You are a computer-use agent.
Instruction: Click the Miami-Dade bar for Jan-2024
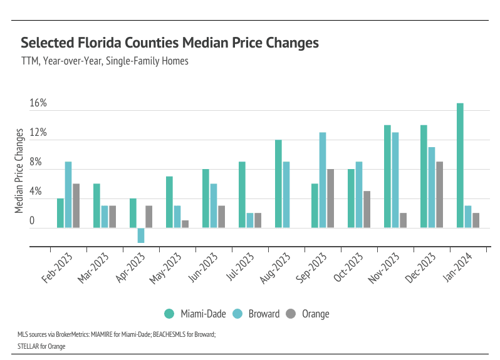tap(460, 165)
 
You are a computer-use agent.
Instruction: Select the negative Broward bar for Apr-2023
tap(141, 235)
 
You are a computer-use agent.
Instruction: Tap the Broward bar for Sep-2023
tap(323, 180)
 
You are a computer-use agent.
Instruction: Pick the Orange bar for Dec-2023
tap(439, 195)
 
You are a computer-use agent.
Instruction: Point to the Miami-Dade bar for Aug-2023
tap(278, 184)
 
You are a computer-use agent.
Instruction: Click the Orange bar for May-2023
tap(185, 224)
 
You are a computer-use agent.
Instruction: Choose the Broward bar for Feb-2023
tap(68, 195)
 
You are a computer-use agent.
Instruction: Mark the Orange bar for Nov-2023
tap(403, 220)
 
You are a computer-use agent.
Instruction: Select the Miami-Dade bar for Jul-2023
tap(242, 195)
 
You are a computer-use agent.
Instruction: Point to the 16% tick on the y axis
tap(39, 103)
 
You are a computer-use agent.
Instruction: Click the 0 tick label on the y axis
tap(33, 220)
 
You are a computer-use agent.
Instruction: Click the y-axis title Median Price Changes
tap(19, 170)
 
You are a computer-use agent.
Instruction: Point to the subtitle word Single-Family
tap(135, 61)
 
